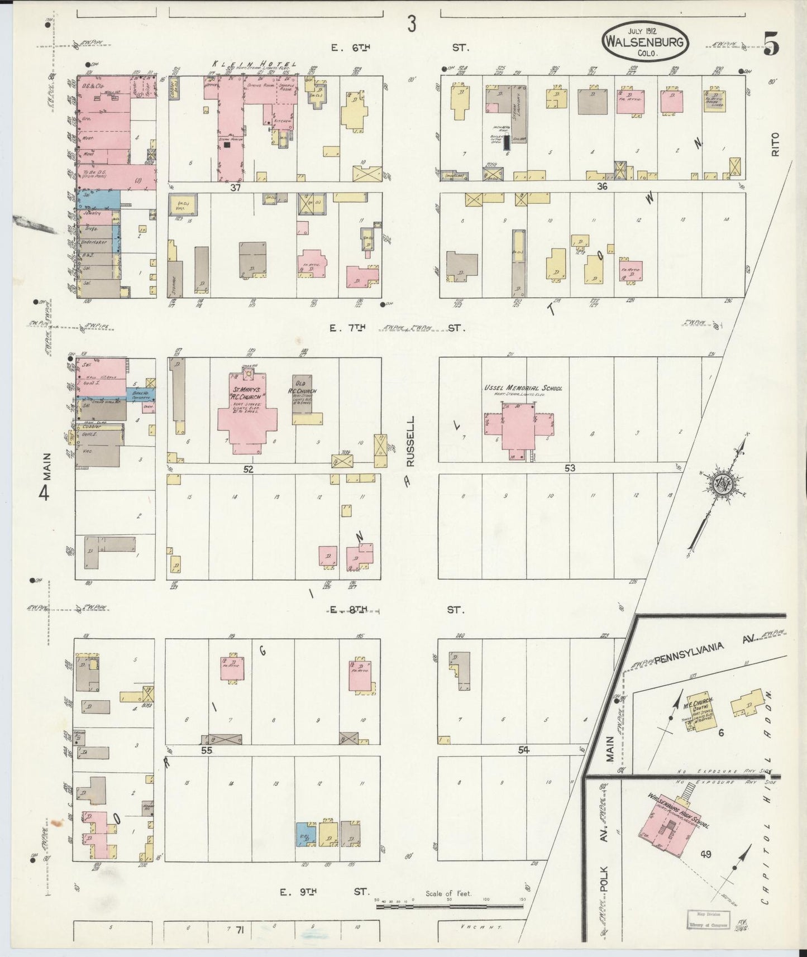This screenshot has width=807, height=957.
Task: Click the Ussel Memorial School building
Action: [x=520, y=425]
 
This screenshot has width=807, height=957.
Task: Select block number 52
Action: [x=248, y=470]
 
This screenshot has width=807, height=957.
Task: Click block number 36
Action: [x=601, y=186]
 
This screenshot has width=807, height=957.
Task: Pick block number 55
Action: [x=207, y=751]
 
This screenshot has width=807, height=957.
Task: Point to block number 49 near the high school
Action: [x=706, y=854]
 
